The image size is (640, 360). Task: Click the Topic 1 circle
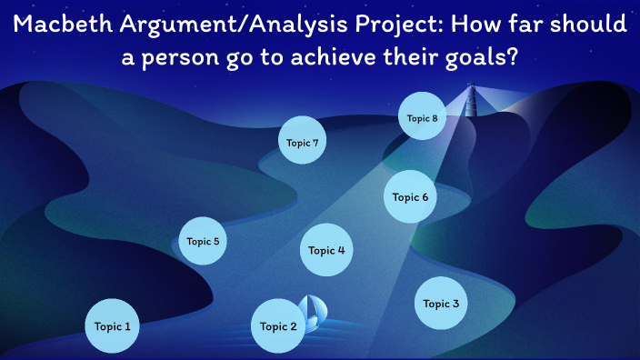tap(113, 325)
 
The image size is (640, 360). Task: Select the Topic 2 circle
tap(278, 326)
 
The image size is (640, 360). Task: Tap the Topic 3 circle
tap(442, 304)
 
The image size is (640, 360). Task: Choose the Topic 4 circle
tap(326, 250)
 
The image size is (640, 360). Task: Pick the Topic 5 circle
tap(203, 241)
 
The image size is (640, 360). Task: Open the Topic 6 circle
tap(410, 196)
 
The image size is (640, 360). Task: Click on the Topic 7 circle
tap(303, 143)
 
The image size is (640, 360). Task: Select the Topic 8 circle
tap(423, 118)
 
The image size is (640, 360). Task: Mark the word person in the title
tap(195, 57)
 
